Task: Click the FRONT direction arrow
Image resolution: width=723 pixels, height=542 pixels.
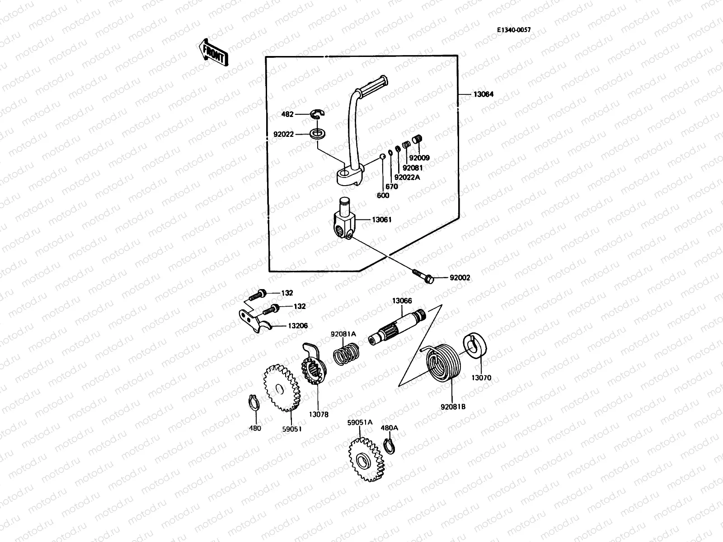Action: click(x=213, y=52)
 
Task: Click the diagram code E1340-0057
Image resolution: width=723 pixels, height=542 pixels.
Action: click(x=514, y=30)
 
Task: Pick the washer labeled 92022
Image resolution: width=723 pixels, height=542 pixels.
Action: click(x=318, y=134)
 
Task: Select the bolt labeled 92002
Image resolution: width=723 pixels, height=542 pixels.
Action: click(x=423, y=276)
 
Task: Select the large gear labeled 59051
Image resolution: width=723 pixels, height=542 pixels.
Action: click(x=280, y=388)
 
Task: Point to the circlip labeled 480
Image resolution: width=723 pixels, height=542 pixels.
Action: click(x=254, y=403)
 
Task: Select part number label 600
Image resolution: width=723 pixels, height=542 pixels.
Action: click(x=383, y=196)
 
